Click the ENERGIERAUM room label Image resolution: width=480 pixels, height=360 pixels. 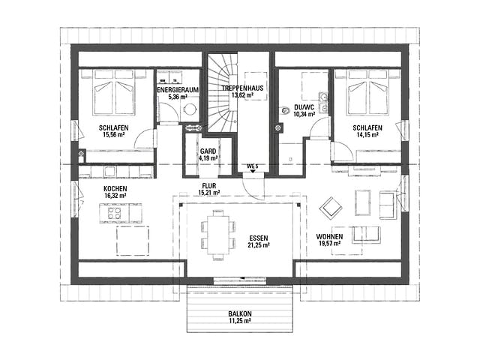tap(178, 90)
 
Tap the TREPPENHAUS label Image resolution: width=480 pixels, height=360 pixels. tap(242, 88)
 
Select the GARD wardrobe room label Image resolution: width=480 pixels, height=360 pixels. tap(208, 151)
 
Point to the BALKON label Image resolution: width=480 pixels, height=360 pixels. tap(240, 313)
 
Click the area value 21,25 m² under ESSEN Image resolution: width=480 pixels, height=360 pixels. tap(259, 245)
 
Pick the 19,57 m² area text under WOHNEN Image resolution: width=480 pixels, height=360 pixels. tap(329, 244)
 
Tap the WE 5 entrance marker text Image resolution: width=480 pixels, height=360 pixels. tap(253, 166)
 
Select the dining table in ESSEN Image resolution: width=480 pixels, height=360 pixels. tap(218, 235)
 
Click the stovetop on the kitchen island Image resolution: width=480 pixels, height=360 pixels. tap(114, 213)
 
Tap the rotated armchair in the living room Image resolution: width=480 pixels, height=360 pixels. tap(331, 208)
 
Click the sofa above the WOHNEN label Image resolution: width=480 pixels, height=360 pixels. tap(366, 235)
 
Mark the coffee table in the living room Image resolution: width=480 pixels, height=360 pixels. tap(363, 203)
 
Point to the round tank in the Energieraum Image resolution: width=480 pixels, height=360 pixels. tap(190, 109)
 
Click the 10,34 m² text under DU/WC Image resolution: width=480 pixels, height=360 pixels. tap(304, 115)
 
